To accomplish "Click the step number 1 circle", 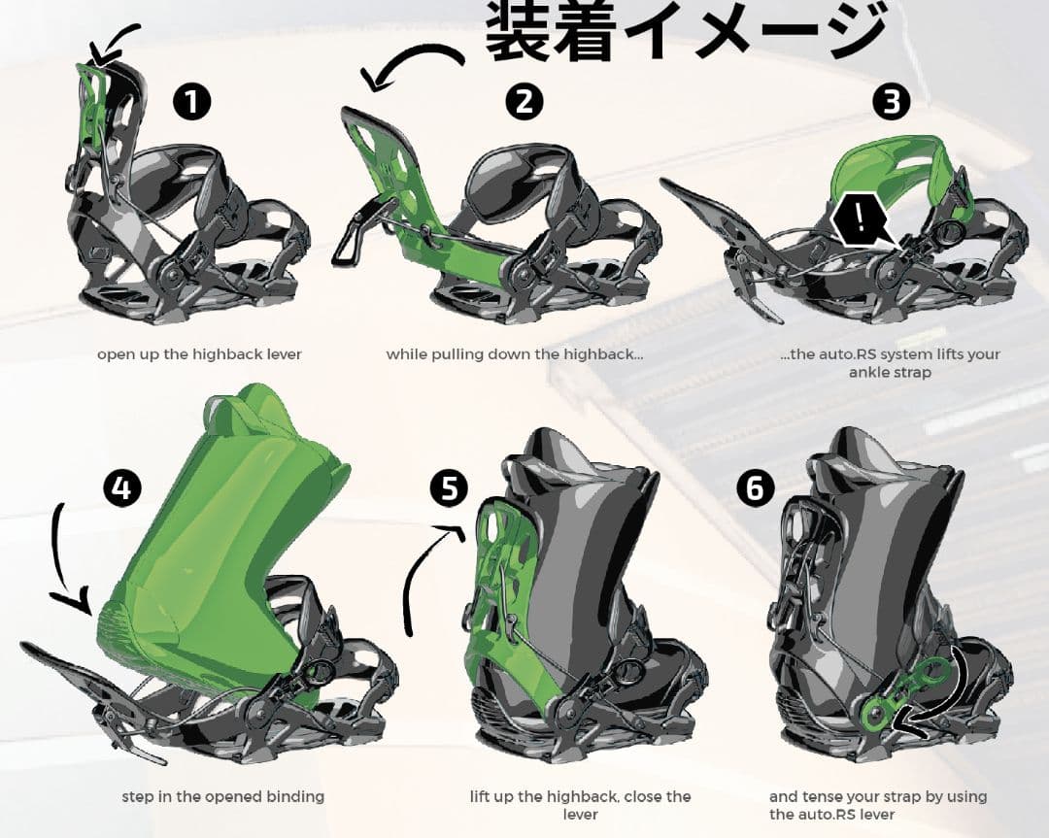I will [x=192, y=101].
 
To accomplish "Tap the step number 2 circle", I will [x=524, y=101].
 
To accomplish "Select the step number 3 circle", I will [x=891, y=101].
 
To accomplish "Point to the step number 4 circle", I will [x=121, y=488].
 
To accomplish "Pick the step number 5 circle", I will [x=448, y=488].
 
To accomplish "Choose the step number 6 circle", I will [x=755, y=488].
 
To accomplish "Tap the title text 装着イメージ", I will [x=686, y=31].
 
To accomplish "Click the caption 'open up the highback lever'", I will [x=199, y=354].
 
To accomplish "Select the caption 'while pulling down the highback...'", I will [x=515, y=354].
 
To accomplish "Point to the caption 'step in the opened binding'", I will [x=223, y=796].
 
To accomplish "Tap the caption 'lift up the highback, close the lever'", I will [x=580, y=805].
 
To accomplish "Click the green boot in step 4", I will [x=223, y=544].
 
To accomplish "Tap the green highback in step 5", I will [x=505, y=602].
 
